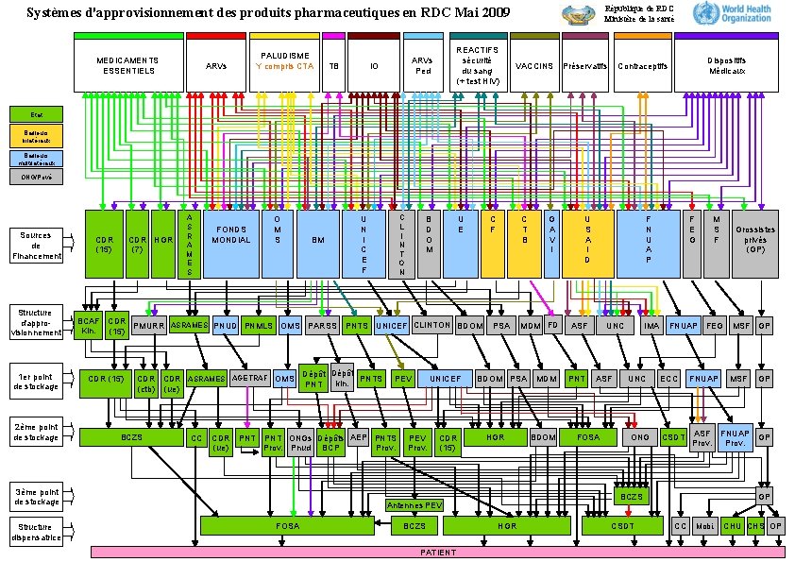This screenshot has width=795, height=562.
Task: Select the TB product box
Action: click(333, 67)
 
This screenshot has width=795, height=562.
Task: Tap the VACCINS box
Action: click(533, 67)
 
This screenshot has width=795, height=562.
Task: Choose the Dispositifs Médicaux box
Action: click(725, 67)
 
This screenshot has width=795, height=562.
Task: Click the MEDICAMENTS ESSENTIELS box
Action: click(128, 67)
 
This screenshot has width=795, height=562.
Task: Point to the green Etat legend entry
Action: click(37, 115)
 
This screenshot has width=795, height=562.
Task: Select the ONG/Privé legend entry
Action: click(37, 176)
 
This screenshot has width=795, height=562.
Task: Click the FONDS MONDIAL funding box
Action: click(231, 244)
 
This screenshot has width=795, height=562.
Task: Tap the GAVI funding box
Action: click(552, 244)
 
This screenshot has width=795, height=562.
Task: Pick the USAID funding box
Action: click(587, 244)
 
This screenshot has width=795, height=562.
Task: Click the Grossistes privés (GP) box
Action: click(756, 244)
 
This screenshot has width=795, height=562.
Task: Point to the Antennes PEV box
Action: click(414, 505)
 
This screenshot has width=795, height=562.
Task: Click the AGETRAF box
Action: click(250, 378)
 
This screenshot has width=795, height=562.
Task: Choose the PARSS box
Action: click(322, 326)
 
